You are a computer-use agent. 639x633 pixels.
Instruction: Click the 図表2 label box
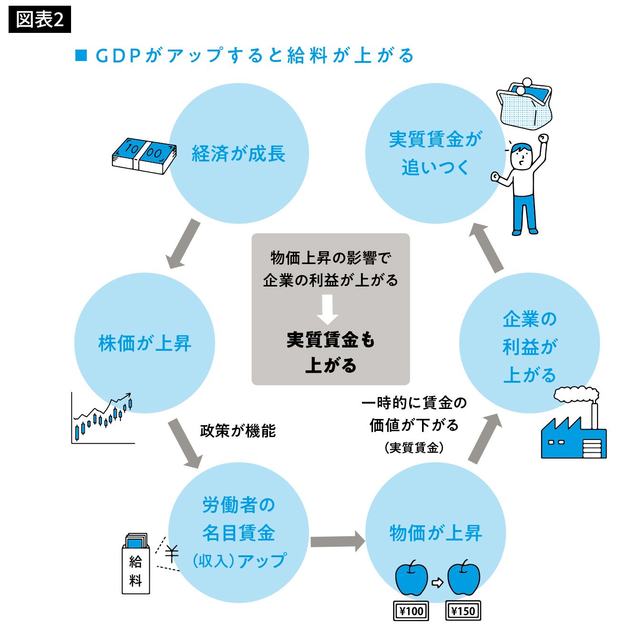point(40,20)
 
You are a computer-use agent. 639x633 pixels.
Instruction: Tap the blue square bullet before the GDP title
point(81,55)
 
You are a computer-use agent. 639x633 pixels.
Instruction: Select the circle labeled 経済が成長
point(238,153)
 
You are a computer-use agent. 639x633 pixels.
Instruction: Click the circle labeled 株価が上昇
point(144,343)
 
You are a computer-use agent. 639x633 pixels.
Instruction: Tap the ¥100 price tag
point(411,611)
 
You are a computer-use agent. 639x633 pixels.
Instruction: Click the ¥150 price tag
point(463,611)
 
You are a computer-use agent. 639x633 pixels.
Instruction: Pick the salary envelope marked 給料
point(136,565)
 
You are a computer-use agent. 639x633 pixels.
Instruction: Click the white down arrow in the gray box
point(328,309)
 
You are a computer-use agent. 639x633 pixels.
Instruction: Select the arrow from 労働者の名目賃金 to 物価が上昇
point(337,541)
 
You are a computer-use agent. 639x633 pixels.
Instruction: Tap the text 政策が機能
point(238,431)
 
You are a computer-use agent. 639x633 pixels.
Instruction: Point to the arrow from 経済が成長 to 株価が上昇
point(183,244)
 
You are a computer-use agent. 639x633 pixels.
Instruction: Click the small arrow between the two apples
point(437,582)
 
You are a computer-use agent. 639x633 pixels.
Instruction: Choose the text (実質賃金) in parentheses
point(414,448)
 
